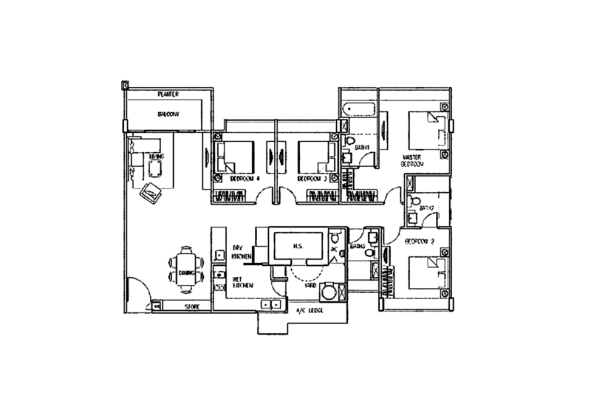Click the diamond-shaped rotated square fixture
152,194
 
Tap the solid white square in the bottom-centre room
252,275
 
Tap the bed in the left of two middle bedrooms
240,155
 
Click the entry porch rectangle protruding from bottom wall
302,323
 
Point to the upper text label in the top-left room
168,95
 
